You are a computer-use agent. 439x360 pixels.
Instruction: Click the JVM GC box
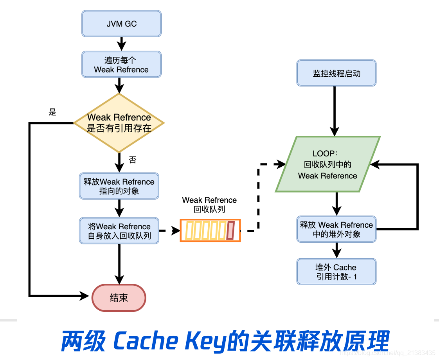[x=121, y=23]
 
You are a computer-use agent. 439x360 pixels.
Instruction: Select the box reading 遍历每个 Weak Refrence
[x=121, y=65]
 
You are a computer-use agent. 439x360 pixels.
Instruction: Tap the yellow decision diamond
[x=119, y=123]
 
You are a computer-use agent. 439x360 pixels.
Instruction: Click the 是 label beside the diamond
[x=52, y=112]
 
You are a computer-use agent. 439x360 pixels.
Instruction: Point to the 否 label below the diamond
[x=133, y=160]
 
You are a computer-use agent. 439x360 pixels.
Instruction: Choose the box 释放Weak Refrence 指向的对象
[x=119, y=186]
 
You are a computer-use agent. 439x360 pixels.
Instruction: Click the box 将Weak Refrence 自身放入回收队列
[x=119, y=231]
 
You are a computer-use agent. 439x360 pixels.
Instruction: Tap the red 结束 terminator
[x=119, y=298]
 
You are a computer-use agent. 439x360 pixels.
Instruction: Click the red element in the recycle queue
[x=230, y=230]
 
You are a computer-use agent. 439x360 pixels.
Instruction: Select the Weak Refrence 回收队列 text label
[x=209, y=205]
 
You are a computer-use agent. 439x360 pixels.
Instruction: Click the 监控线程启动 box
[x=336, y=73]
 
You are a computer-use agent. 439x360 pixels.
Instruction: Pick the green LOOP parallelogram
[x=327, y=164]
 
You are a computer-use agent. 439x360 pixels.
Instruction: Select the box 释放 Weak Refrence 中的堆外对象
[x=336, y=229]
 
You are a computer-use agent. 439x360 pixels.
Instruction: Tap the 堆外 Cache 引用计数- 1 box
[x=336, y=272]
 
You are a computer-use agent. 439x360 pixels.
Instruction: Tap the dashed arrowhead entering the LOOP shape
[x=281, y=164]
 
